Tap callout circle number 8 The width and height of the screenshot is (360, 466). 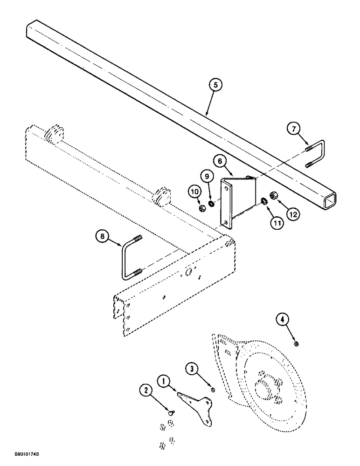(103, 237)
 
